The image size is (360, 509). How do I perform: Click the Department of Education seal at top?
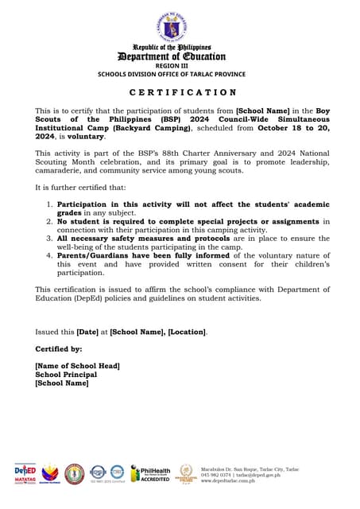click(172, 27)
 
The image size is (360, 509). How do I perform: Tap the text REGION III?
click(171, 66)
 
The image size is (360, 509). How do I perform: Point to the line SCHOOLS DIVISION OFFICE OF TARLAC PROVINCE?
click(171, 74)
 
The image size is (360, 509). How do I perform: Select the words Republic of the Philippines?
click(172, 48)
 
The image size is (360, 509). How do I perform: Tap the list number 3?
click(50, 237)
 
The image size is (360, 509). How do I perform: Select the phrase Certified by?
click(57, 348)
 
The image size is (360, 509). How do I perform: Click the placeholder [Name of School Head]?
click(77, 365)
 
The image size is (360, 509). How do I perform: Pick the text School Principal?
click(66, 374)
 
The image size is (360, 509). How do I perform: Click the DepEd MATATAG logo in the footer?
click(25, 473)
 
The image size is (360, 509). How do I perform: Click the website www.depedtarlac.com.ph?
click(228, 480)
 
